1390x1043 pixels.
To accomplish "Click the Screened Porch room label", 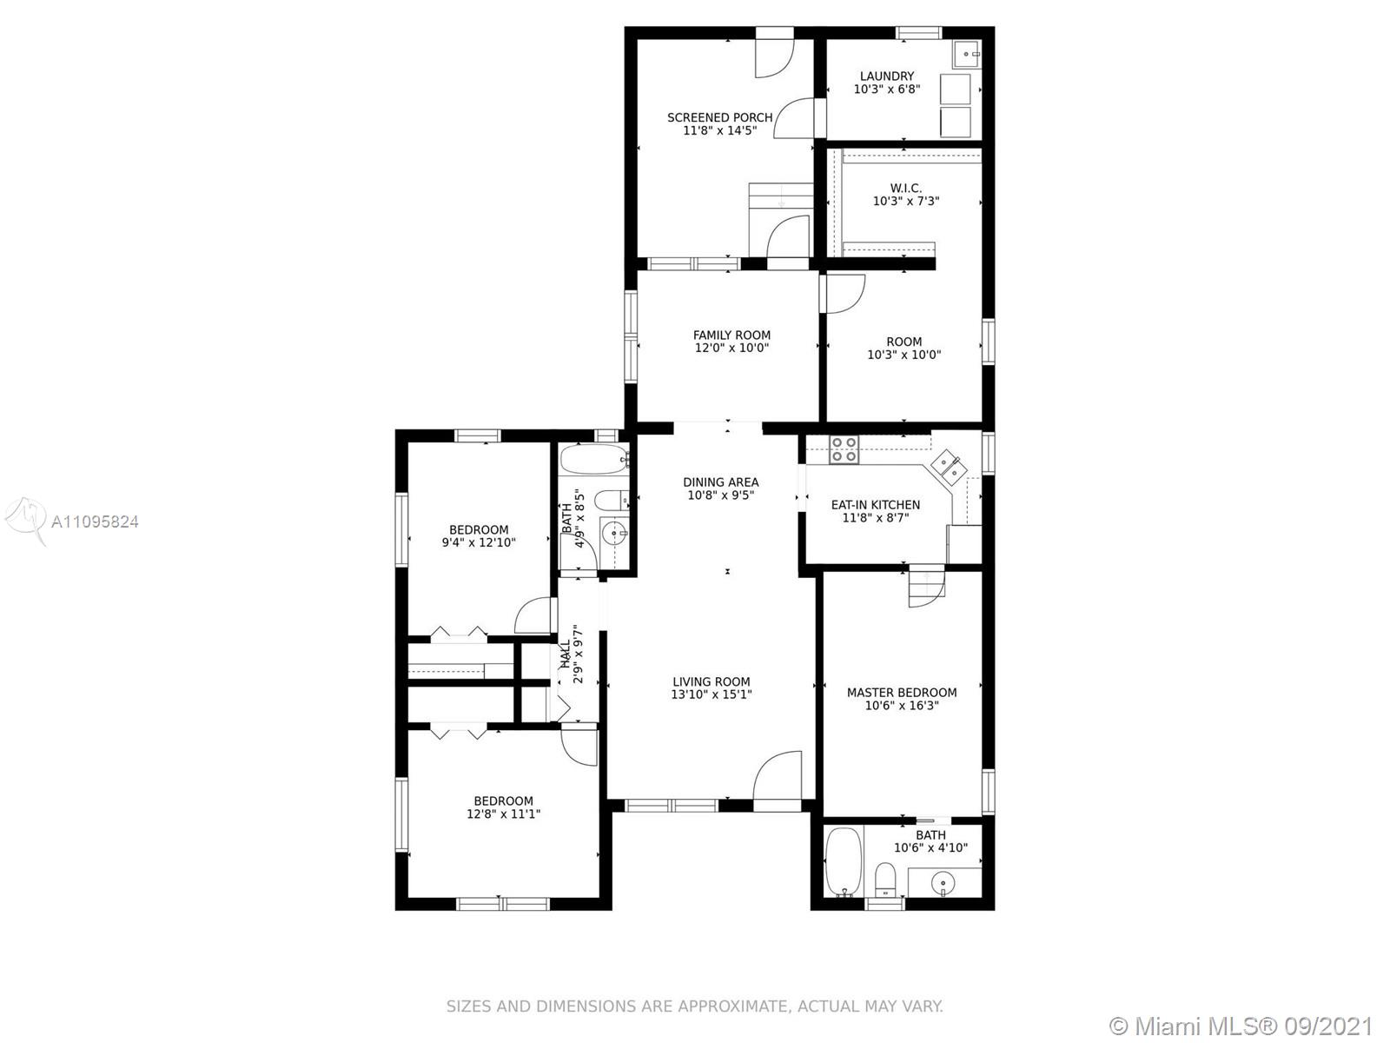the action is [x=719, y=117].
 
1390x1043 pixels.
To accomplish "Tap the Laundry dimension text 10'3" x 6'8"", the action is [x=887, y=90].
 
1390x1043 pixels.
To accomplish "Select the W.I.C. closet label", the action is [x=905, y=188].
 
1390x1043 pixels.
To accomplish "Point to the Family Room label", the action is [x=731, y=335].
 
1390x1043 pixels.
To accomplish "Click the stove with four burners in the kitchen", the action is [x=844, y=449].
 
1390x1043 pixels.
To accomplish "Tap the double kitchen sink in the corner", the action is [x=948, y=466].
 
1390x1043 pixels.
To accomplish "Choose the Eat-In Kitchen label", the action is [x=875, y=505].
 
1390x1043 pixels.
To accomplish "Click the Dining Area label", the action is [x=721, y=482].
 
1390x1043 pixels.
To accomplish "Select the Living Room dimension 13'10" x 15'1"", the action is [x=712, y=694].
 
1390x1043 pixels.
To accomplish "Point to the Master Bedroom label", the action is [x=902, y=693].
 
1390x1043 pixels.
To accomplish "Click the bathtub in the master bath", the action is [x=844, y=861].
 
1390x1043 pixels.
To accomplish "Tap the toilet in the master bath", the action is [x=884, y=880].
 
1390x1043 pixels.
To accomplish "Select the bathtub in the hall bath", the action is [x=594, y=459].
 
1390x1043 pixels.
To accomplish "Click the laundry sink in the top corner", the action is [x=967, y=55].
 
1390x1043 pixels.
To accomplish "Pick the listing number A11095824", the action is [x=95, y=521].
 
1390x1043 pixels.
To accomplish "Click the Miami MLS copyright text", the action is [x=1241, y=1026].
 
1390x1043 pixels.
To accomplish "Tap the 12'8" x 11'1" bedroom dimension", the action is [x=503, y=814].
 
